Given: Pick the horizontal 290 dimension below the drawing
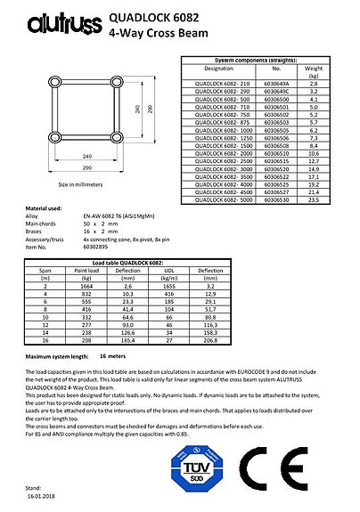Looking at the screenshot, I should (86, 167).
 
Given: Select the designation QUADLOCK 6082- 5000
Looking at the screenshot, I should (222, 200).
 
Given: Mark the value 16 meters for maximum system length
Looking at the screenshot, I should (128, 355).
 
